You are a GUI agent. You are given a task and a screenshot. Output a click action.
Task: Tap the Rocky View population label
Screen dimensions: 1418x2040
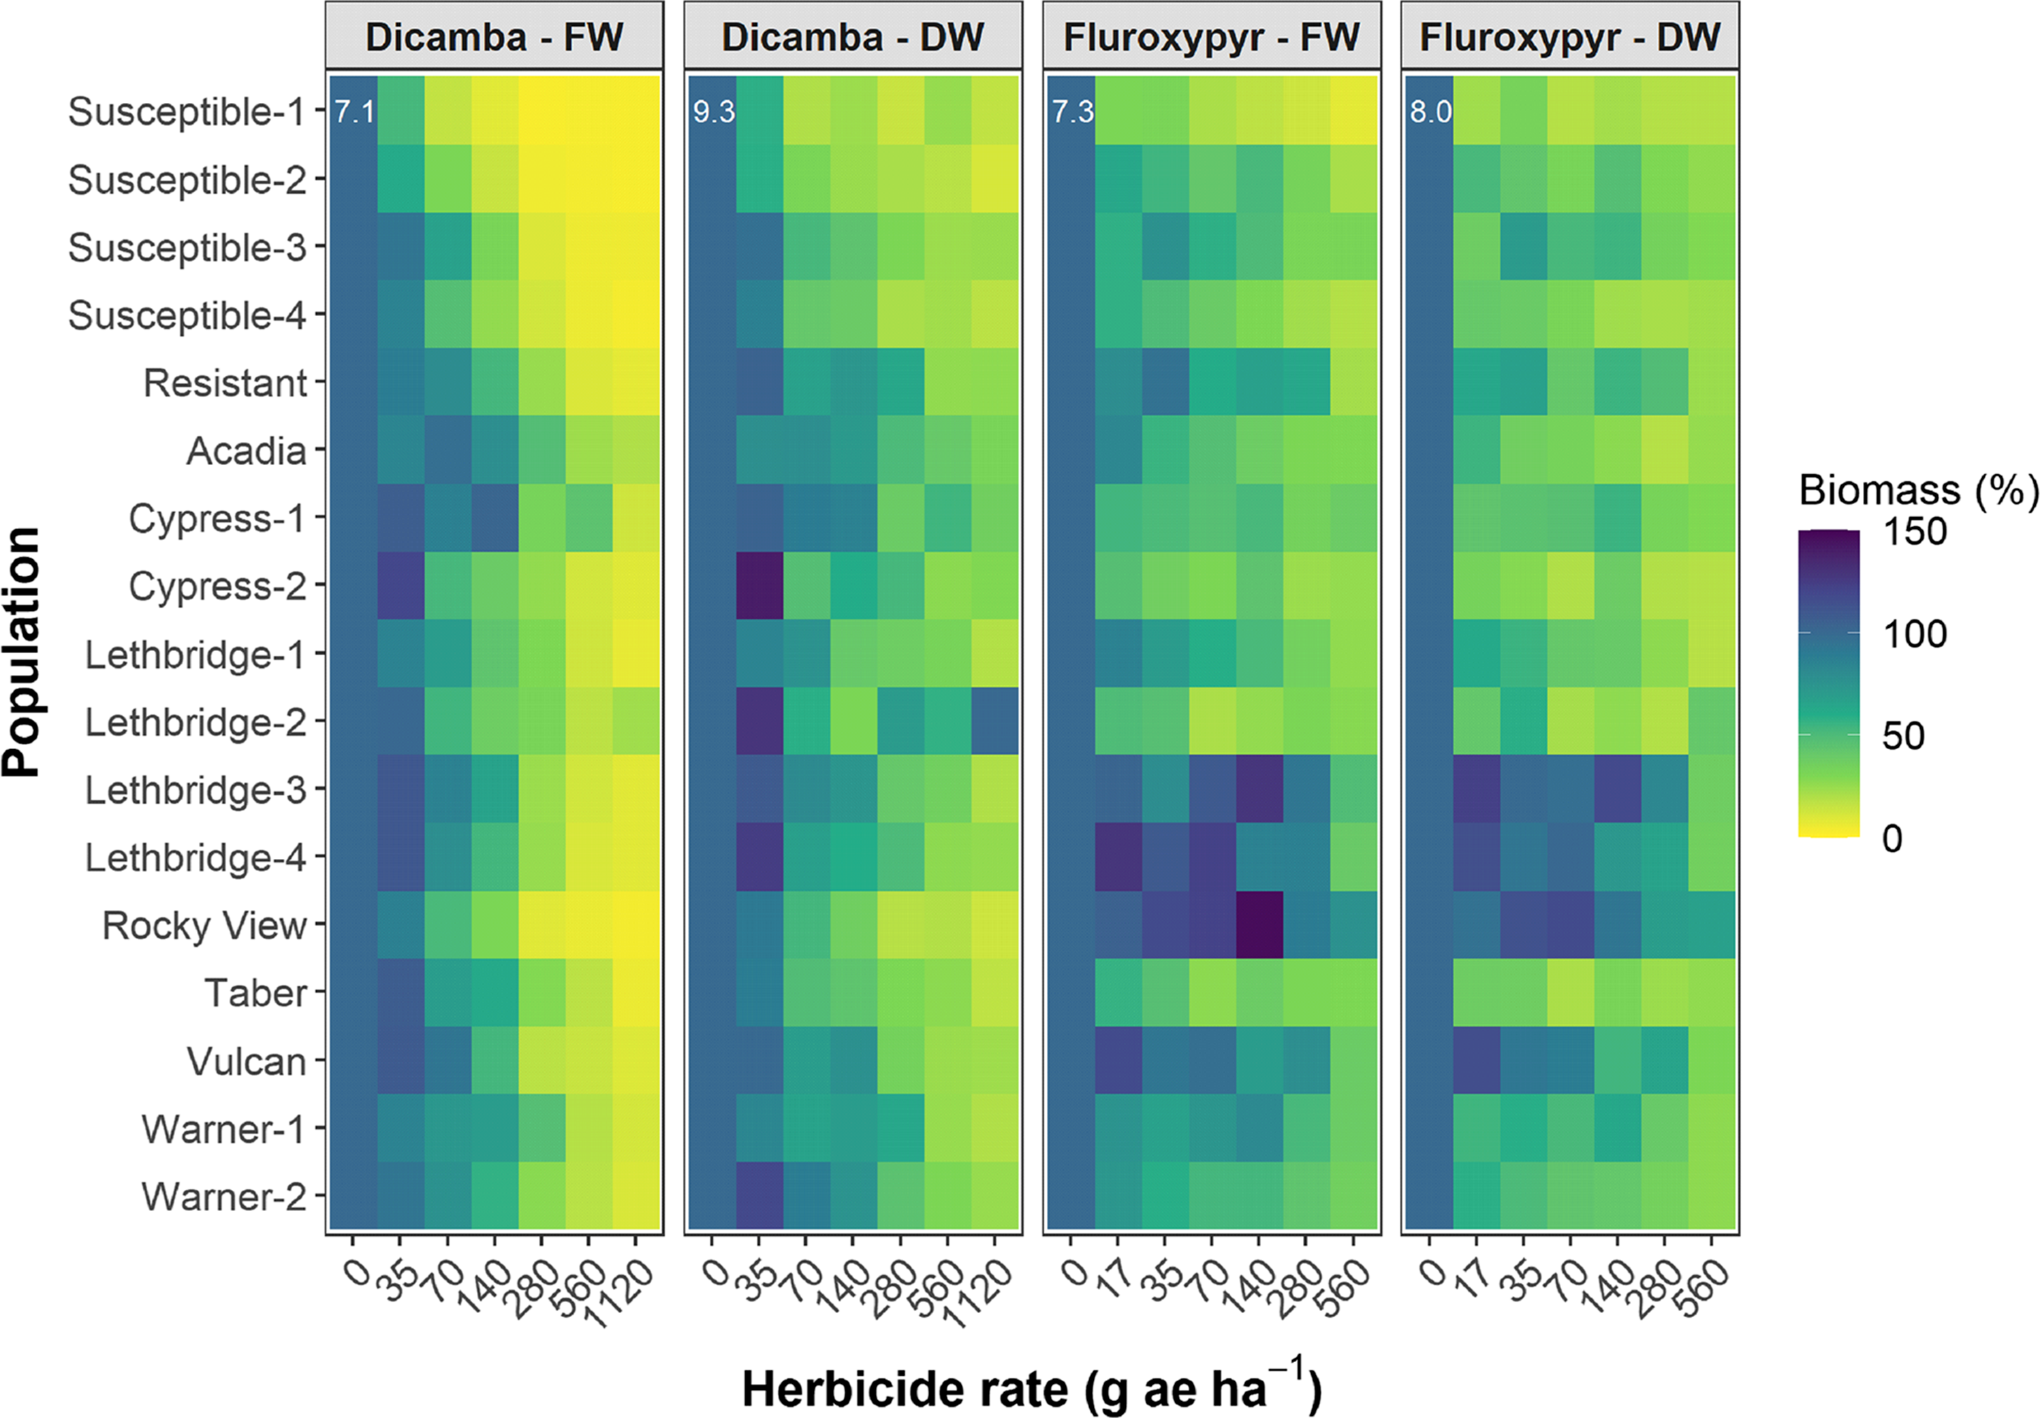(x=204, y=926)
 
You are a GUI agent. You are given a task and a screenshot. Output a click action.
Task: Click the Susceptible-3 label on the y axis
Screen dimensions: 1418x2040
(x=187, y=247)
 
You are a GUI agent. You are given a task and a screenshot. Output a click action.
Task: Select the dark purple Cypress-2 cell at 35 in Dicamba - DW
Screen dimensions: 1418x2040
(x=759, y=586)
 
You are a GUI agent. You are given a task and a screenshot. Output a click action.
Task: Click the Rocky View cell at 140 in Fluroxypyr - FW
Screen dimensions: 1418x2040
(x=1259, y=925)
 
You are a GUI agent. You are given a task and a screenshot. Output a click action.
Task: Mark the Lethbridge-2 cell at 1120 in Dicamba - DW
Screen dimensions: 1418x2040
(x=994, y=721)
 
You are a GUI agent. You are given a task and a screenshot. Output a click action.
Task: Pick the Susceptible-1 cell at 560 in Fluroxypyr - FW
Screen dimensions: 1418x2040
(x=1353, y=111)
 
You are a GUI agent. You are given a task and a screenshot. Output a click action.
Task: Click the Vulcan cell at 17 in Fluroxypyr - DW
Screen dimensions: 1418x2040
(x=1477, y=1060)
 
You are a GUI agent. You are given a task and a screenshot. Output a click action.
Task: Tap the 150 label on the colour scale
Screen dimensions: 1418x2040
(x=1914, y=532)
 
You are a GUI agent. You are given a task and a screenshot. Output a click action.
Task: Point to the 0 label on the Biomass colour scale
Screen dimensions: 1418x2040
(x=1892, y=838)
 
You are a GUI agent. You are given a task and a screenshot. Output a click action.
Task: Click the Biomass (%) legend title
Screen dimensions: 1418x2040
(x=1917, y=490)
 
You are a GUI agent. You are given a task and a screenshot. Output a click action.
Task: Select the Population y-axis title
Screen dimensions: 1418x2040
(x=21, y=652)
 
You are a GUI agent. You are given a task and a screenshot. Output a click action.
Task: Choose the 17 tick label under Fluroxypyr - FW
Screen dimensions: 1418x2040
(x=1112, y=1280)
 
